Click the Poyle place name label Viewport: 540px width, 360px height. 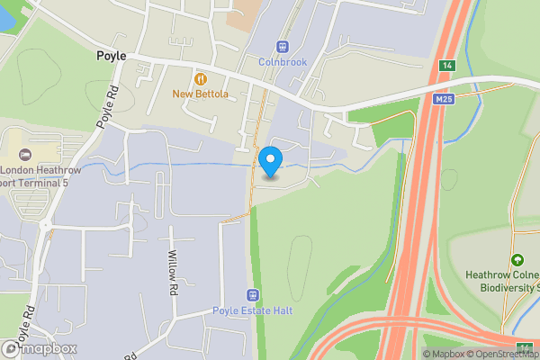(x=112, y=56)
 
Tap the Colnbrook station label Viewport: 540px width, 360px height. (x=283, y=62)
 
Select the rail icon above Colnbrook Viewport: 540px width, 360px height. (x=283, y=46)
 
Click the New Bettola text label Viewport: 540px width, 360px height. (x=201, y=94)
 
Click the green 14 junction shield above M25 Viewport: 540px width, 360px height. (x=446, y=66)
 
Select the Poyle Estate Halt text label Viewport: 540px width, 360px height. (x=253, y=311)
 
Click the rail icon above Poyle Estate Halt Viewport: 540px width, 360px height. (x=253, y=295)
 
